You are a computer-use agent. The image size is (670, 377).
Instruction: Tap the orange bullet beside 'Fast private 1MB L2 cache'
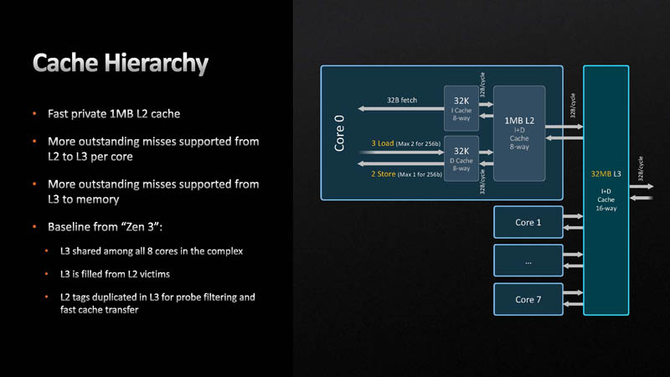(x=35, y=113)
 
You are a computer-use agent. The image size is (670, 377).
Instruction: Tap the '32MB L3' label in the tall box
(x=606, y=173)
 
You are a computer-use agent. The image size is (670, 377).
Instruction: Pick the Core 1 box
(x=528, y=223)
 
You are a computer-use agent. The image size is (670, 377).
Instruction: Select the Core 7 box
(x=528, y=299)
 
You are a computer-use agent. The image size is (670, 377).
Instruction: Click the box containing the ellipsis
(x=528, y=261)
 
